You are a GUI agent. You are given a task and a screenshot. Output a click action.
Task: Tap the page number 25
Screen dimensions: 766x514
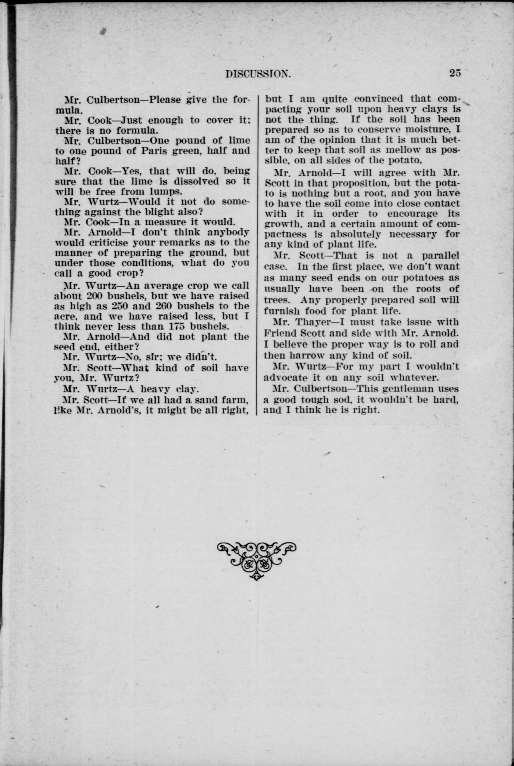455,73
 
